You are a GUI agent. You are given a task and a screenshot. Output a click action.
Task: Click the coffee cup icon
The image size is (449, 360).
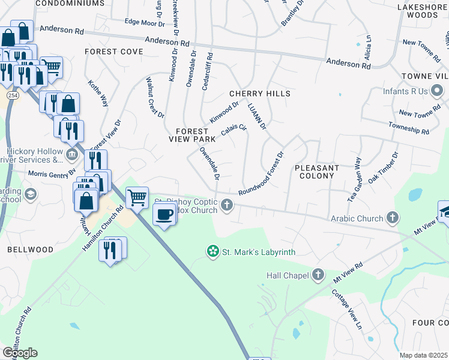[x=164, y=214]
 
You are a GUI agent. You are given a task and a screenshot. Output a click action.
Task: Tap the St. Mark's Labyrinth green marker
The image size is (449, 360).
[x=212, y=251]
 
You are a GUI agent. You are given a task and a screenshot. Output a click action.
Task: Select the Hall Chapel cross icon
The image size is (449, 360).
[x=318, y=275]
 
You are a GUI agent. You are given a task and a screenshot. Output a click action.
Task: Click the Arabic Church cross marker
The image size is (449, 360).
[x=393, y=218]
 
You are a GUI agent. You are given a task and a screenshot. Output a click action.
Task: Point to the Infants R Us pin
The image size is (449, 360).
[x=437, y=92]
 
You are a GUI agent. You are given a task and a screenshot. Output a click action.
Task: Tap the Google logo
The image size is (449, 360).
[x=20, y=353]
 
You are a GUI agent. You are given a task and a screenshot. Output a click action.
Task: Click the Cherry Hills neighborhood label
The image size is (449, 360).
[x=259, y=94]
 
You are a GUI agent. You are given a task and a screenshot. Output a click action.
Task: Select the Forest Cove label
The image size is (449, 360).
[x=113, y=52]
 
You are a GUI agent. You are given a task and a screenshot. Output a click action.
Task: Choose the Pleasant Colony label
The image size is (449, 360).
[x=317, y=172]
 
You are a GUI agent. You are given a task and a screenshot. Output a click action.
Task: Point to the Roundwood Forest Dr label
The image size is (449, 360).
[x=261, y=173]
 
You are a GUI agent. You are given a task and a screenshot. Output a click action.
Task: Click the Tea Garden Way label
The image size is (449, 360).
[x=354, y=179]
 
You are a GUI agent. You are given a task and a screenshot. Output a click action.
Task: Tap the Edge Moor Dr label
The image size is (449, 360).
[x=144, y=23]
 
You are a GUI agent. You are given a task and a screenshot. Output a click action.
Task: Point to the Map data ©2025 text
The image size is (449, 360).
[x=423, y=355]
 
